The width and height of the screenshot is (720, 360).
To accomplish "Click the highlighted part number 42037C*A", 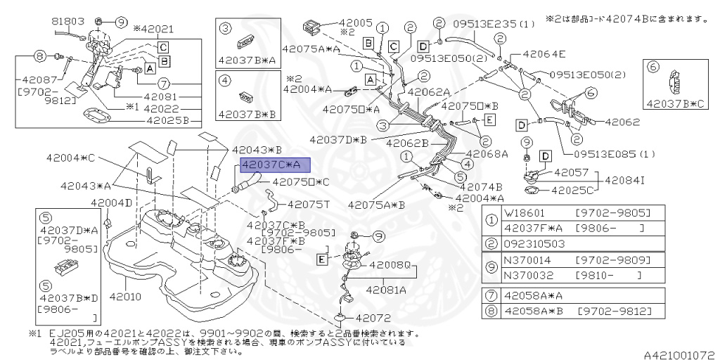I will (271, 165).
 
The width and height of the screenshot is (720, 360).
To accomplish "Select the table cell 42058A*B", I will (534, 311).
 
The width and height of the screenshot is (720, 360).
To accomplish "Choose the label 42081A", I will (384, 289).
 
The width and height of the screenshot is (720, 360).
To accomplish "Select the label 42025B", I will (169, 120).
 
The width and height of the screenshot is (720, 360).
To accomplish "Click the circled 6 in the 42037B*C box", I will (652, 67).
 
